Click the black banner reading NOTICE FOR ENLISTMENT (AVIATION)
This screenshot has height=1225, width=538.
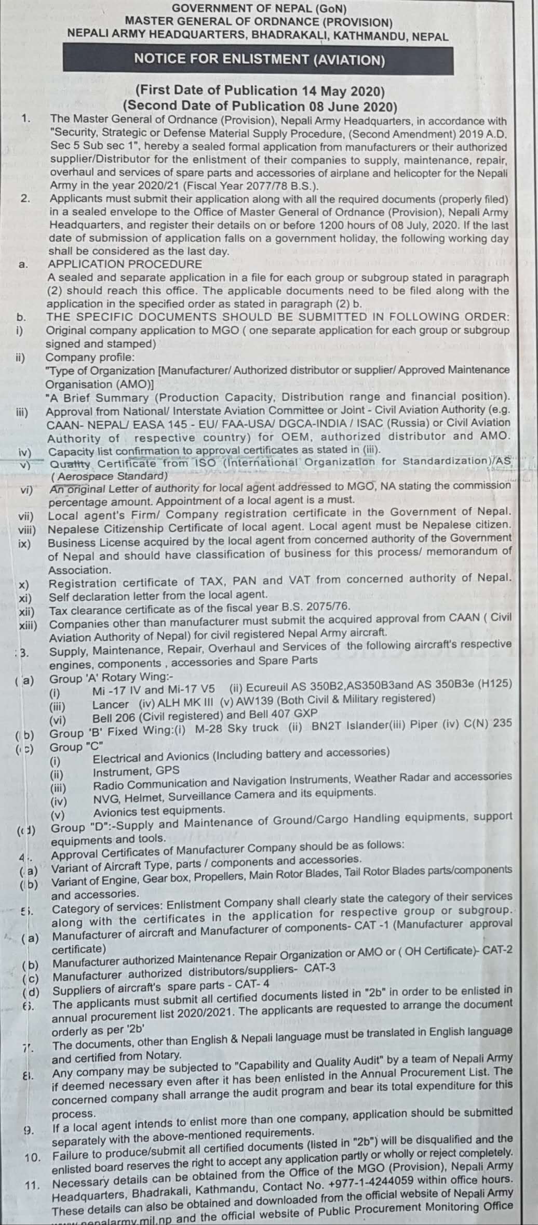coord(259,60)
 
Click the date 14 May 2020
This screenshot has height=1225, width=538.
coord(343,91)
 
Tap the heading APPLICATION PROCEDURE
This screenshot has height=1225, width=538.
coord(125,264)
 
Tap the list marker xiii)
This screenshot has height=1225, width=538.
coord(28,625)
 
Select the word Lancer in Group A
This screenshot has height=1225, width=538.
coord(111,705)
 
